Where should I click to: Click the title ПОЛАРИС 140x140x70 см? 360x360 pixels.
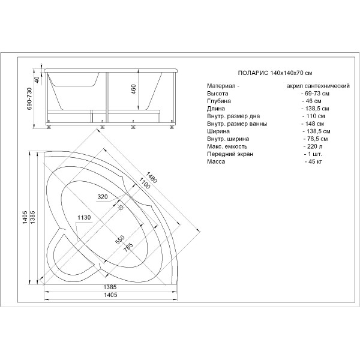(x=275, y=73)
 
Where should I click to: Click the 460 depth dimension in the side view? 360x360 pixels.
(x=133, y=89)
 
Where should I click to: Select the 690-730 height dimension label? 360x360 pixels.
(x=30, y=98)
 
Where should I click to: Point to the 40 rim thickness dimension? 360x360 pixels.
(x=37, y=79)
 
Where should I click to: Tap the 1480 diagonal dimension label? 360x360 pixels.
(x=151, y=178)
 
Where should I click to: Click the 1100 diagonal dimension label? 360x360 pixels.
(x=144, y=183)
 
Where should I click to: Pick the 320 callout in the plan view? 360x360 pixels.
(x=103, y=197)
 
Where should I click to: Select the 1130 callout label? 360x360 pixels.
(x=84, y=217)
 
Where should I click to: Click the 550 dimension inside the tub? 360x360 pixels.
(x=120, y=239)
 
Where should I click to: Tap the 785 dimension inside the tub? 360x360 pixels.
(x=128, y=248)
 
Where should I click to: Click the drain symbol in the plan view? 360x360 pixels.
(x=121, y=208)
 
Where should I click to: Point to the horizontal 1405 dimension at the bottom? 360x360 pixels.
(x=110, y=295)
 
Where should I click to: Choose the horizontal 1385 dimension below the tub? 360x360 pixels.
(x=110, y=287)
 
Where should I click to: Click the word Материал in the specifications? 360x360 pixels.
(x=221, y=86)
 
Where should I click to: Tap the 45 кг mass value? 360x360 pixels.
(x=313, y=161)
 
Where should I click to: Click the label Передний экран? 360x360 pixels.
(x=230, y=154)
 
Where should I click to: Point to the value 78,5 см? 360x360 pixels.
(x=316, y=139)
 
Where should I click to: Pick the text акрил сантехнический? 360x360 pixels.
(x=318, y=86)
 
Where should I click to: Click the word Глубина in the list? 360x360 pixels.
(x=219, y=101)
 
